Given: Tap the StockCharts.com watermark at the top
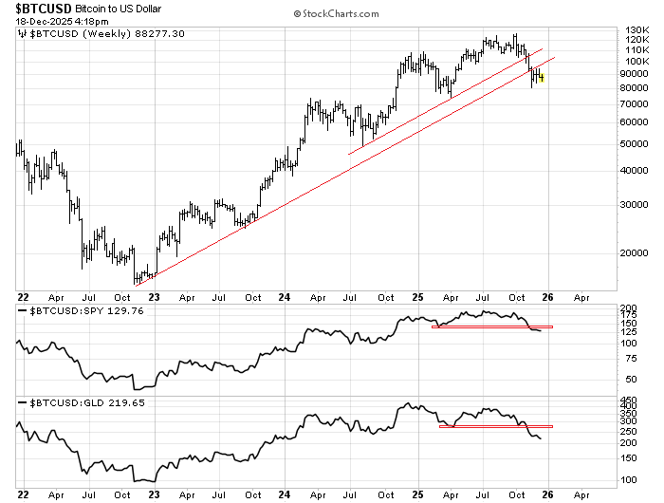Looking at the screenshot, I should click(336, 14).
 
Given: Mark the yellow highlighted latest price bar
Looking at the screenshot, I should click(541, 78).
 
